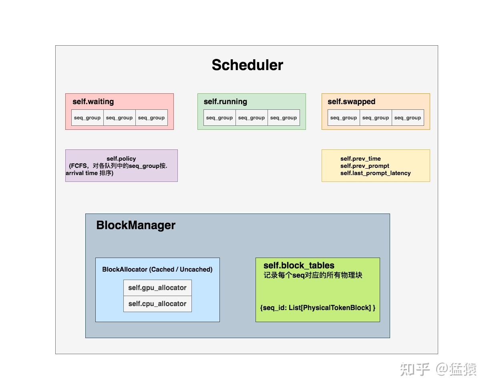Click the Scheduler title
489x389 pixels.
tap(247, 65)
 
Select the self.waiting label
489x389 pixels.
tap(93, 101)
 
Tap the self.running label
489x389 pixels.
tap(225, 101)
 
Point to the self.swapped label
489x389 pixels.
tap(351, 101)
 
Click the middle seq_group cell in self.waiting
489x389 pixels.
tap(119, 118)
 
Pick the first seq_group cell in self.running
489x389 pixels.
tap(219, 118)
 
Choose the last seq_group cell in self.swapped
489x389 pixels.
tap(407, 118)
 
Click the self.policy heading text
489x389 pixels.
tap(121, 159)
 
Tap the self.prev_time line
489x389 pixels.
tap(360, 159)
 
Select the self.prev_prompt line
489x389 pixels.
tap(364, 166)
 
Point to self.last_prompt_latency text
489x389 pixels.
tap(375, 173)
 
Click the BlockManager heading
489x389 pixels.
tap(136, 225)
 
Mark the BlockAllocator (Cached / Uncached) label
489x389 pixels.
tap(157, 269)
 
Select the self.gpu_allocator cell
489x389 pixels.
tap(157, 288)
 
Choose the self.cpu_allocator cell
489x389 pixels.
tap(157, 304)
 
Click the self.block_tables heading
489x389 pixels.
tap(298, 265)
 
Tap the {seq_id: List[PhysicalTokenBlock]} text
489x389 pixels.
tap(318, 308)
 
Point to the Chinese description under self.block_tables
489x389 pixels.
tap(313, 275)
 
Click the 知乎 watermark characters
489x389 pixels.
tap(415, 369)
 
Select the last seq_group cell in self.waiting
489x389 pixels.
tap(151, 118)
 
